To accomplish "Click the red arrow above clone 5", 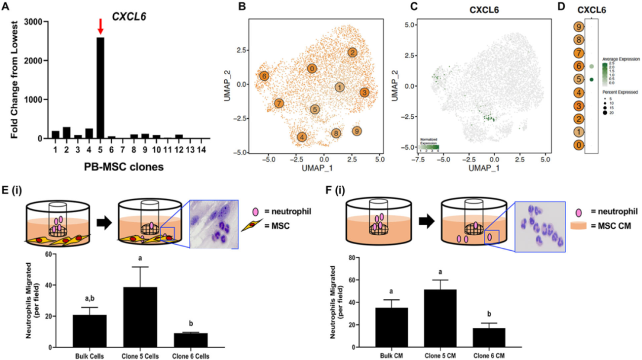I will pyautogui.click(x=100, y=26).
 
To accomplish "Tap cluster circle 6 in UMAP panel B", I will pyautogui.click(x=264, y=76).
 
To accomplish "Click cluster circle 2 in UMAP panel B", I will pyautogui.click(x=353, y=53).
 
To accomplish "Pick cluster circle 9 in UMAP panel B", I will pyautogui.click(x=356, y=131).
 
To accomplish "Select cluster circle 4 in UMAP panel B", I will pyautogui.click(x=302, y=137).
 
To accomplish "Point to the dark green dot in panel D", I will pyautogui.click(x=592, y=79).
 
